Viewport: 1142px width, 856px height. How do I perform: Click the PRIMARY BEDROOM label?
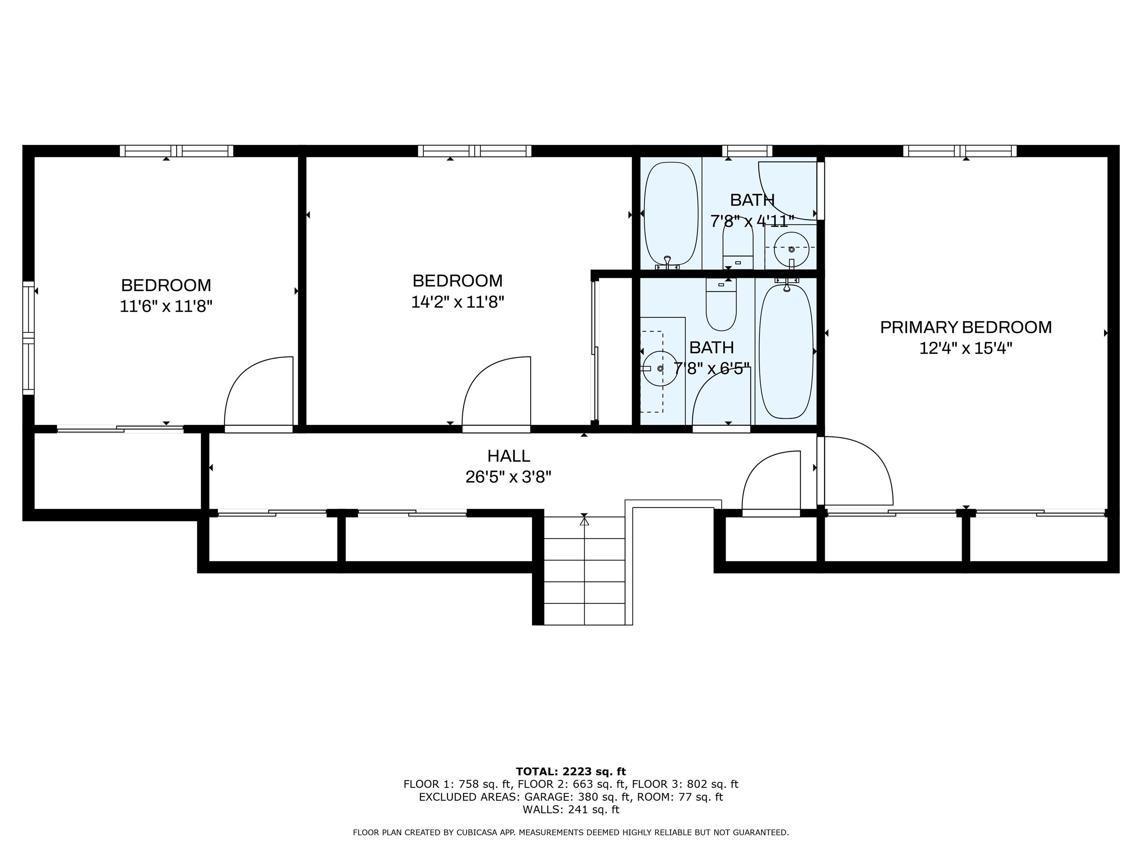click(965, 327)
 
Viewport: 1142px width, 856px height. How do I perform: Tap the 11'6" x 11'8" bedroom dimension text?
click(166, 307)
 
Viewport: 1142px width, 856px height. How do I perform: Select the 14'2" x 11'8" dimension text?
click(457, 302)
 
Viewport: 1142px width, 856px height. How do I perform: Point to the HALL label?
click(509, 455)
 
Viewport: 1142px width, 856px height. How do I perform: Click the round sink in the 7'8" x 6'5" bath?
click(660, 369)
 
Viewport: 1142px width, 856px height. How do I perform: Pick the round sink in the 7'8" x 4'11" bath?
click(791, 249)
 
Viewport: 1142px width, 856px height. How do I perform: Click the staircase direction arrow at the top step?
click(584, 521)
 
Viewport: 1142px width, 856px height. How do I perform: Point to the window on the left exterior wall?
click(28, 338)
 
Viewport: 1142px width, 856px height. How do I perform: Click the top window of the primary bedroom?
click(959, 151)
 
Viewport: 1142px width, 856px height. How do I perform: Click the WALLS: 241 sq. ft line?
click(571, 810)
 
